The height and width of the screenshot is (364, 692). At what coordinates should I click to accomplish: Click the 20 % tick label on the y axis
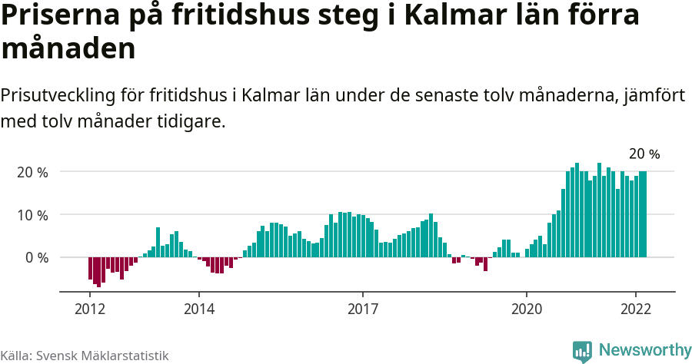click(x=32, y=172)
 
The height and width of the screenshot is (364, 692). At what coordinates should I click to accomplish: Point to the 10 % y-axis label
click(x=32, y=215)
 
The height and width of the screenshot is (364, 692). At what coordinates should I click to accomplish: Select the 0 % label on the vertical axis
click(x=36, y=257)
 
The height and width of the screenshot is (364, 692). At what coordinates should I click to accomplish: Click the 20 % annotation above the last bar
click(x=644, y=154)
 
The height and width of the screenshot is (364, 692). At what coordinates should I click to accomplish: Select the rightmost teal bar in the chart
click(x=644, y=214)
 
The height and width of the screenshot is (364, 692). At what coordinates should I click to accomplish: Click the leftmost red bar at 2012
click(x=90, y=268)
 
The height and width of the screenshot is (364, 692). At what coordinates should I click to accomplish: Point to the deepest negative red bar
click(x=99, y=272)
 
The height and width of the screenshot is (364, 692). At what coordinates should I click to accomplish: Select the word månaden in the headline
click(x=68, y=49)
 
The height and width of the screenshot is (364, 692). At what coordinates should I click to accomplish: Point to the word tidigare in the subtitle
click(x=192, y=121)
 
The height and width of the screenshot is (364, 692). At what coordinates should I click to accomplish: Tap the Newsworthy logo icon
click(x=582, y=351)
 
